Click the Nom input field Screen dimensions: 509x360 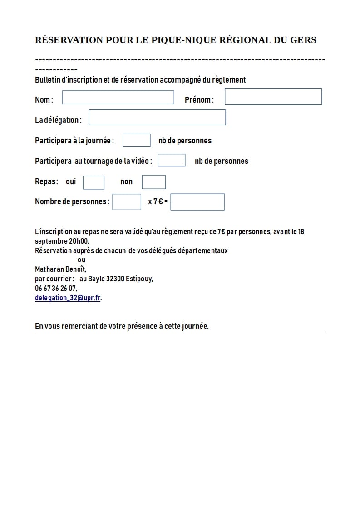coord(118,98)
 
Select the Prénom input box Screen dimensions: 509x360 coord(273,97)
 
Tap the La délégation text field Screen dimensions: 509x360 coord(157,117)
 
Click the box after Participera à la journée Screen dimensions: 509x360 coord(137,140)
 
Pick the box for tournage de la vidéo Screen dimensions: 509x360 coord(172,160)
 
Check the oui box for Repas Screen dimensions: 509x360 coord(94,182)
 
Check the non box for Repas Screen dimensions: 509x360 coord(154,182)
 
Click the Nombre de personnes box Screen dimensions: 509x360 coord(127,201)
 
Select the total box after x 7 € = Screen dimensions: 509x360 coord(197,202)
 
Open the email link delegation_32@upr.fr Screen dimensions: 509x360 coord(68,298)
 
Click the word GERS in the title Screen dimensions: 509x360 coord(301,40)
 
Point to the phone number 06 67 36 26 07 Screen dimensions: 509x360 coord(56,288)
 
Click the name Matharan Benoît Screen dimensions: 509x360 coord(60,269)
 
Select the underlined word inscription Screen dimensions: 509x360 coord(56,231)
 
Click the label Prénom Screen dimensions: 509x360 coord(198,100)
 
